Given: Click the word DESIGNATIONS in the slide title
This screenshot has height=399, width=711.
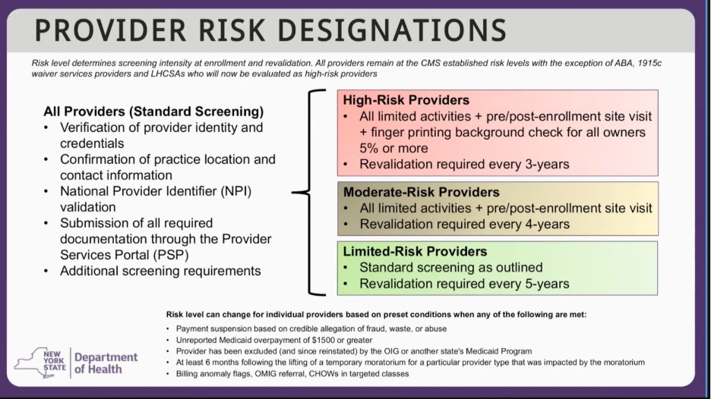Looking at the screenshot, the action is (392, 30).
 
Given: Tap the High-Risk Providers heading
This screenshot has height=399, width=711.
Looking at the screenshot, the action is (406, 100).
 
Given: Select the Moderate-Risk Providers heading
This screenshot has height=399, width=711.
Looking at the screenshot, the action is (422, 192).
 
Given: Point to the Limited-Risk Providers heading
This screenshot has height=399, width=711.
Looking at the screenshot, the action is (415, 251).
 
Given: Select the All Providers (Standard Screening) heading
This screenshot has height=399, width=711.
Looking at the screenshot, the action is (153, 112).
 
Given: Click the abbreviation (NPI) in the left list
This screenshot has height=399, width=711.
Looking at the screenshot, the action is (236, 191).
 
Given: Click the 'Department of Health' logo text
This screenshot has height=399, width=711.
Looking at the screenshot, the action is (106, 363).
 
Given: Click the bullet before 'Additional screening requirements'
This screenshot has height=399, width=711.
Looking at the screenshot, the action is (46, 272).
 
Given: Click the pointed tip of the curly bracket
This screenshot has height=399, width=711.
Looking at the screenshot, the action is (292, 193).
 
